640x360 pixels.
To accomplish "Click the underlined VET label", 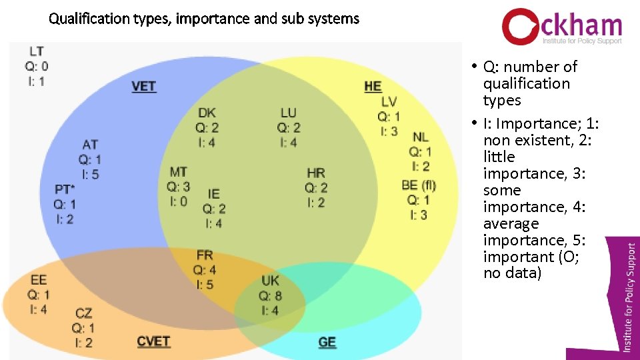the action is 144,86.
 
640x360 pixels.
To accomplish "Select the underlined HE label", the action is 373,86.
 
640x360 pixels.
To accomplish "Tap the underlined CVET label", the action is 153,341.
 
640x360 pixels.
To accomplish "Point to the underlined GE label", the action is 327,342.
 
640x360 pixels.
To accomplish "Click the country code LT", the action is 37,51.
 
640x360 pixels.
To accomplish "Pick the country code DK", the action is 207,113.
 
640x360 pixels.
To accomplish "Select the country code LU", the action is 289,113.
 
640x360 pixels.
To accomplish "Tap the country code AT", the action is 90,145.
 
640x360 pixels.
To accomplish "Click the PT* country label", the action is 65,189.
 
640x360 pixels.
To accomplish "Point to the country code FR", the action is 205,255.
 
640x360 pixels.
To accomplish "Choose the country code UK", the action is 270,280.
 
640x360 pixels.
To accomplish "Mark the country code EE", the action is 39,280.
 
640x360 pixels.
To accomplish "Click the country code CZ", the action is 83,313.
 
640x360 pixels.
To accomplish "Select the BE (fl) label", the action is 419,185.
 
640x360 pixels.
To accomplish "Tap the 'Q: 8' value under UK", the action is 270,295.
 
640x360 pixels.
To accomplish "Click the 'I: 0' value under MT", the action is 178,201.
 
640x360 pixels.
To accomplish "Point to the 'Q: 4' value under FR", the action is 205,270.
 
